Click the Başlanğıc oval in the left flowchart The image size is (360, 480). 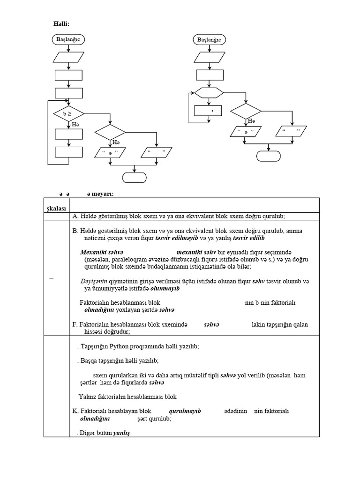click(x=68, y=40)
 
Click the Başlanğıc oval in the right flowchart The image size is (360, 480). click(x=209, y=40)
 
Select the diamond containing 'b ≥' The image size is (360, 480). click(x=68, y=113)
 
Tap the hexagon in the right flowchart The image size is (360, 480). click(x=209, y=92)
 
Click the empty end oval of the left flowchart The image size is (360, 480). click(x=135, y=177)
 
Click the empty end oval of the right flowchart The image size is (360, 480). click(x=269, y=156)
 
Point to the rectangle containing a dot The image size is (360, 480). click(x=208, y=112)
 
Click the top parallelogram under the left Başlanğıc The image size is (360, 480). click(x=68, y=58)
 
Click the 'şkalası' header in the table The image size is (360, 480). click(x=56, y=208)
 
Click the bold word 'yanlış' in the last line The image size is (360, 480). click(x=121, y=434)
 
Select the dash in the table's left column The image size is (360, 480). click(x=51, y=278)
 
